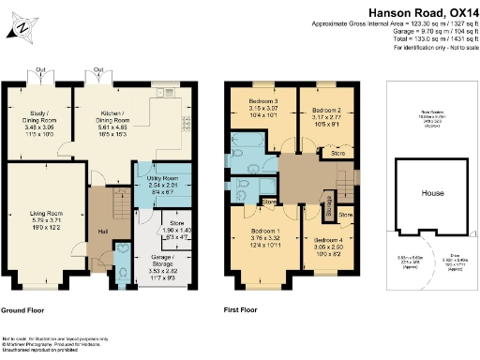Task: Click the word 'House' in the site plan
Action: pyautogui.click(x=432, y=193)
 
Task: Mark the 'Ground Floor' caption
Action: pyautogui.click(x=25, y=310)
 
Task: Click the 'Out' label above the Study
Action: pyautogui.click(x=41, y=69)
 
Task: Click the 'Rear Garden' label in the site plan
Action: pyautogui.click(x=432, y=115)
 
